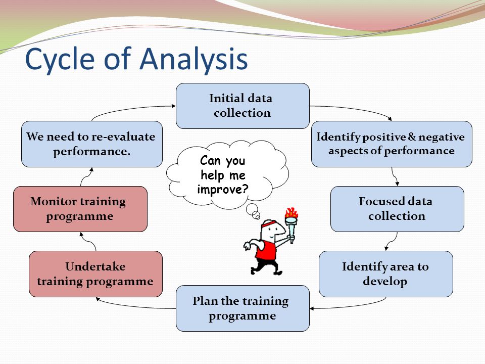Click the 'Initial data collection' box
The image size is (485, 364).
pos(242,106)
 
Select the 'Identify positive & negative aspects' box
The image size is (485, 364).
pos(392,144)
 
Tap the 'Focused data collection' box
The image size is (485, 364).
pos(397,209)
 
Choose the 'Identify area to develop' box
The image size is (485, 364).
pos(385,274)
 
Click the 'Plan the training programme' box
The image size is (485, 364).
pos(242,308)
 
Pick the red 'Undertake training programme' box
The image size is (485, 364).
pos(95,274)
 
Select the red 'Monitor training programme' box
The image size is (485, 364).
pos(80,209)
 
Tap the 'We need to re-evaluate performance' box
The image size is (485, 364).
pos(91,144)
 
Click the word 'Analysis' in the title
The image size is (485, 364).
pos(193,59)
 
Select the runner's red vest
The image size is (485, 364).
pos(266,249)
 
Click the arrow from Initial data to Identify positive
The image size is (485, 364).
pos(354,110)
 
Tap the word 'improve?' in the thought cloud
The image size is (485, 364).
pos(223,189)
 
